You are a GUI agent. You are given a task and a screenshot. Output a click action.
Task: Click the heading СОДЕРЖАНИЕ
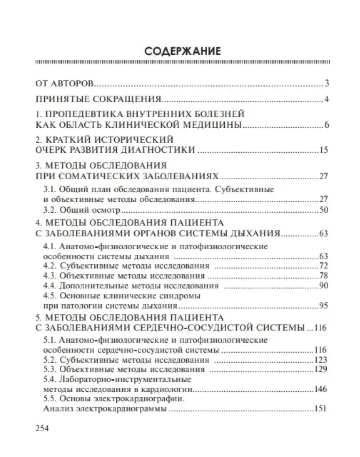pyautogui.click(x=182, y=52)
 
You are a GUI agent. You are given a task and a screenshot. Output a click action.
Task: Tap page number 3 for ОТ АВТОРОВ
pyautogui.click(x=327, y=83)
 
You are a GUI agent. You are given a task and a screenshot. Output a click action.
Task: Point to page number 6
pyautogui.click(x=327, y=126)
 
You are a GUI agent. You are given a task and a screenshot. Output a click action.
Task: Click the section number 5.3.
pyautogui.click(x=49, y=370)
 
